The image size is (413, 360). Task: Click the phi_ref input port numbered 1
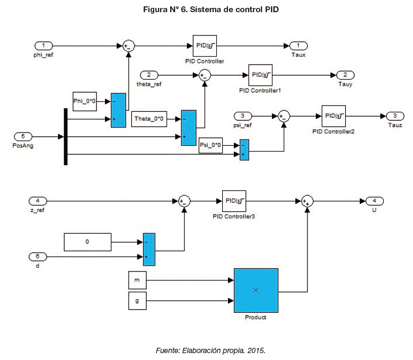(x=43, y=46)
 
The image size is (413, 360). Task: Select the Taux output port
(x=299, y=46)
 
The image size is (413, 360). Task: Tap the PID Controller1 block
(x=259, y=75)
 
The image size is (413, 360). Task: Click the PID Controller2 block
(x=333, y=116)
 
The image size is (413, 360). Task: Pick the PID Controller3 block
(x=233, y=200)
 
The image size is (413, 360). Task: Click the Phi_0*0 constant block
(x=85, y=101)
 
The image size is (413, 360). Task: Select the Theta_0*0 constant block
(x=149, y=119)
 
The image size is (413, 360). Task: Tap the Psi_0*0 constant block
(x=210, y=144)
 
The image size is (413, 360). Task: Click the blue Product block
(x=256, y=291)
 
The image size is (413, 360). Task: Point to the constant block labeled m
(x=137, y=279)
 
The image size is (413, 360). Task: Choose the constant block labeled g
(x=137, y=301)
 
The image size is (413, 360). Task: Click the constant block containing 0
(x=87, y=242)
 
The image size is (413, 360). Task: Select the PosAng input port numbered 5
(x=23, y=136)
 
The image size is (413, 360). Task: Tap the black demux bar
(x=66, y=136)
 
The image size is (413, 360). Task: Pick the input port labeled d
(x=38, y=257)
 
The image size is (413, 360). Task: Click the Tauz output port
(x=394, y=116)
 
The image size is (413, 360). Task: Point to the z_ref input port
(x=38, y=200)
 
